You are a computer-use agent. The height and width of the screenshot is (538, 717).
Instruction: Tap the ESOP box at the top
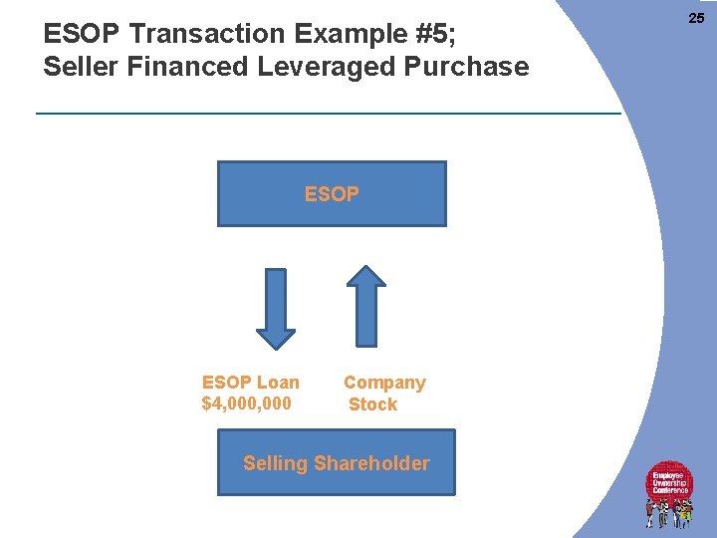332,194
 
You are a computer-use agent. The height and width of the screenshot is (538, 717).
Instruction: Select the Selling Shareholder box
336,462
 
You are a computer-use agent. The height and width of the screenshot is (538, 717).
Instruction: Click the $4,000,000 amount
246,403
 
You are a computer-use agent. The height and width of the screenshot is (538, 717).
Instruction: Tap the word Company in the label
384,383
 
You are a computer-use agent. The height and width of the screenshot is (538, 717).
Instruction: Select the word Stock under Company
372,404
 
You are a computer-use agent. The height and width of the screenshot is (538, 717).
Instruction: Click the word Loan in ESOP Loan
277,383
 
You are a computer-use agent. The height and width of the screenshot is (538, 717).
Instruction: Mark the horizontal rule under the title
329,113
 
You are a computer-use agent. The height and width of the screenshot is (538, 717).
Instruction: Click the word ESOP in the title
83,34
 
